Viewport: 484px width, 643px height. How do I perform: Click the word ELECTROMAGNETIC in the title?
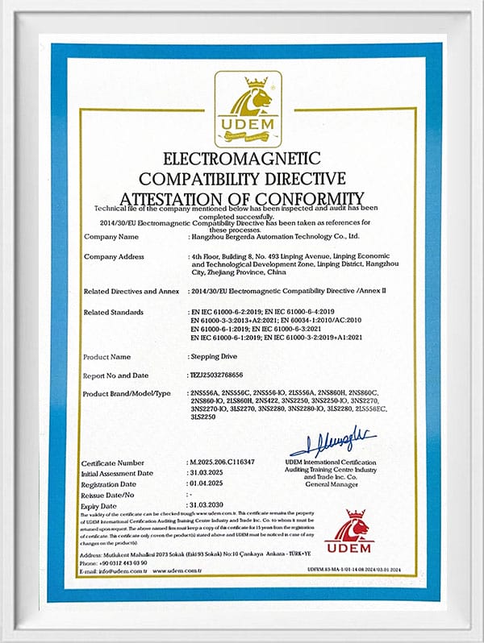point(241,158)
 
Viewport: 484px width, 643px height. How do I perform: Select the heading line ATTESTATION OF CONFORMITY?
point(241,198)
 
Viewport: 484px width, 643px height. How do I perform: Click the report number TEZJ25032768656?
point(229,375)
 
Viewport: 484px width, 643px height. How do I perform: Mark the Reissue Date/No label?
point(118,494)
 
